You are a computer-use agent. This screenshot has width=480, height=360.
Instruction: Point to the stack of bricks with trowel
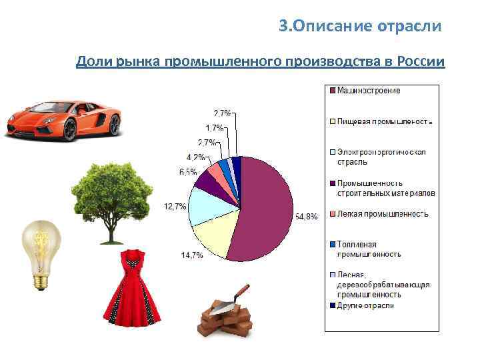click(227, 313)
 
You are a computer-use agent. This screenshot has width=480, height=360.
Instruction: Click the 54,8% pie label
click(307, 218)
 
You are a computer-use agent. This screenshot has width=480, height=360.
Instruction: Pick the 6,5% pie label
click(187, 172)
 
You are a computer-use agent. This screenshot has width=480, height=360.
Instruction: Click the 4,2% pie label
click(195, 157)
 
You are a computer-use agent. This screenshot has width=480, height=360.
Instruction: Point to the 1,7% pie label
click(214, 127)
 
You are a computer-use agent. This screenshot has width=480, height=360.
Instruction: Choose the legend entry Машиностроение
click(369, 90)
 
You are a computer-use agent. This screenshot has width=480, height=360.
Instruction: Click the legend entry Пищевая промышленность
click(385, 121)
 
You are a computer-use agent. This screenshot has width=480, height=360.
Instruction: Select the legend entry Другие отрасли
click(365, 305)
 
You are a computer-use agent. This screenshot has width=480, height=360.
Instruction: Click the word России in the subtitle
click(420, 62)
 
